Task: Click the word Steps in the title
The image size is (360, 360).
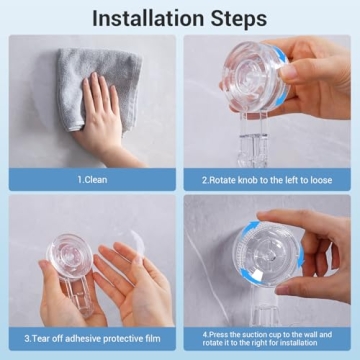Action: pos(238,18)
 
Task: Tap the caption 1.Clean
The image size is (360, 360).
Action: pos(93,180)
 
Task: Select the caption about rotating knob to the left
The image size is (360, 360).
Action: pos(267,180)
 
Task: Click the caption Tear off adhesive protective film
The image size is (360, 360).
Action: pos(93,338)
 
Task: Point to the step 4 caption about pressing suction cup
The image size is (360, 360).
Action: pos(267,338)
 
